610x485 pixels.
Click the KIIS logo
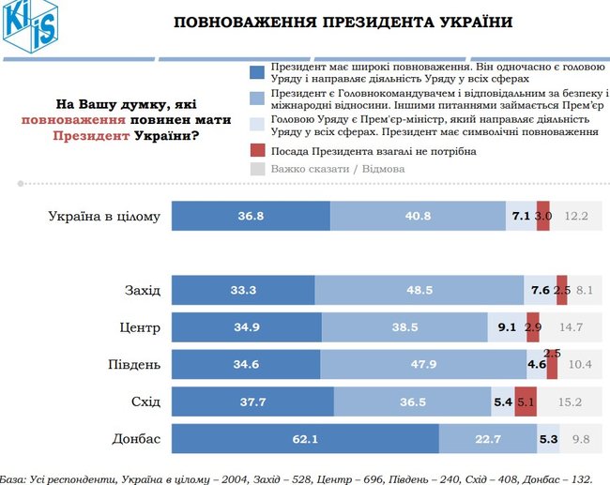click(29, 27)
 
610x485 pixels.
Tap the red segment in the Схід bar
click(526, 402)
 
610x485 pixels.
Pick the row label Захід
click(143, 290)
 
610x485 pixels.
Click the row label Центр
click(141, 327)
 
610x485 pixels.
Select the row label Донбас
click(137, 439)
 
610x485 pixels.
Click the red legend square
click(258, 150)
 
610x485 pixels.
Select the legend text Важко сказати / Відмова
click(338, 169)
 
